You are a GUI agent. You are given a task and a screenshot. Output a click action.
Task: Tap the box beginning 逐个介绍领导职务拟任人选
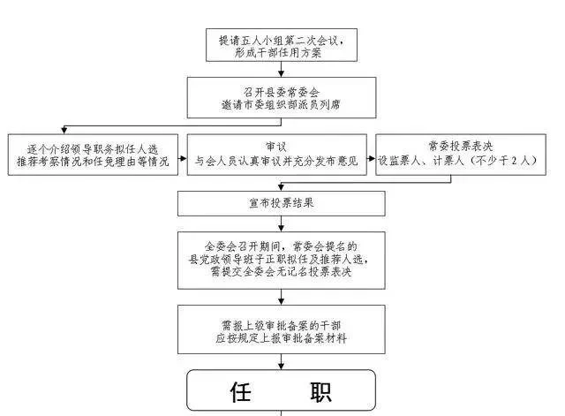click(92, 155)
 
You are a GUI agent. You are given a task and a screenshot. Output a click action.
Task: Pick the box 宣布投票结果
click(281, 203)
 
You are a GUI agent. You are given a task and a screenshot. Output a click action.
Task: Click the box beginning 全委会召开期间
click(281, 259)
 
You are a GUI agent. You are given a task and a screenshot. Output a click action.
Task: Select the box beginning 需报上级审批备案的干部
click(281, 329)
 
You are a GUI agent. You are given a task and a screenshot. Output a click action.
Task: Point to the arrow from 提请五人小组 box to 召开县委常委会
click(281, 70)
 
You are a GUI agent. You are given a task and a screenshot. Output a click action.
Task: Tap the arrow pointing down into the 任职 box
click(281, 360)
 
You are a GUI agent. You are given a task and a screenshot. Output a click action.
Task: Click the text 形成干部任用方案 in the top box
click(281, 52)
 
